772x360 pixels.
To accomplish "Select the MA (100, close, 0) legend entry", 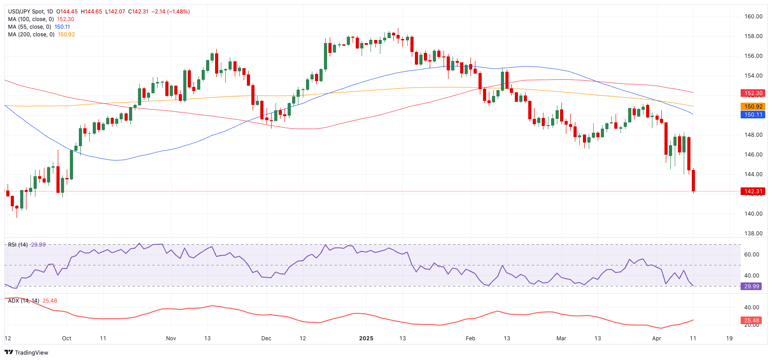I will pyautogui.click(x=30, y=19).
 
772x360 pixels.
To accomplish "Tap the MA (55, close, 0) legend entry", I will pyautogui.click(x=29, y=27).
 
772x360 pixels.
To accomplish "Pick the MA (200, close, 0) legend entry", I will pyautogui.click(x=31, y=35).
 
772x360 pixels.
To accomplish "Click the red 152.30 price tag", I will pyautogui.click(x=753, y=93).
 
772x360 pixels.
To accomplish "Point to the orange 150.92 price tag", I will pyautogui.click(x=753, y=107).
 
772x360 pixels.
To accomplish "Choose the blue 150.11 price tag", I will pyautogui.click(x=753, y=115).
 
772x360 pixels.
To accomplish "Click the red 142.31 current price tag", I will pyautogui.click(x=753, y=191).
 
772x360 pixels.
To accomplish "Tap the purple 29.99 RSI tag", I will pyautogui.click(x=751, y=286).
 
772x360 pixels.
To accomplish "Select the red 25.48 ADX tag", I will pyautogui.click(x=751, y=321).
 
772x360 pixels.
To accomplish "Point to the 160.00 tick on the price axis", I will pyautogui.click(x=753, y=17).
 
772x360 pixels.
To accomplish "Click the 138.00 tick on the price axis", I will pyautogui.click(x=753, y=234).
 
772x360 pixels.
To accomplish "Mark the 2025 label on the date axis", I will pyautogui.click(x=366, y=338).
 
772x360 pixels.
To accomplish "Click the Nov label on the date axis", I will pyautogui.click(x=171, y=338).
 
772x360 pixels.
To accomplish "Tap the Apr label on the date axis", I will pyautogui.click(x=656, y=338).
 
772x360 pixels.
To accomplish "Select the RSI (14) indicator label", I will pyautogui.click(x=18, y=245).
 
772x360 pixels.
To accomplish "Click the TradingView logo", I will pyautogui.click(x=26, y=352).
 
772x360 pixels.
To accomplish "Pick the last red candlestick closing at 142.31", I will pyautogui.click(x=693, y=181).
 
